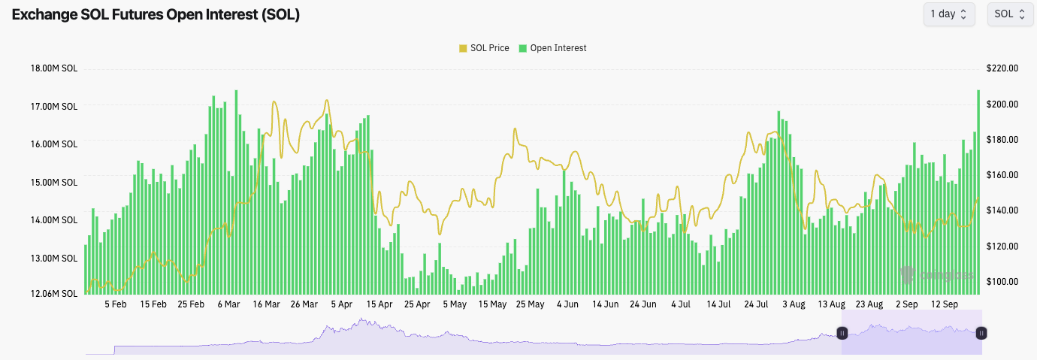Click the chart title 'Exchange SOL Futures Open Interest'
[x=156, y=14]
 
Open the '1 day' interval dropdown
[x=948, y=14]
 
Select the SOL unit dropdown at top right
[x=1010, y=14]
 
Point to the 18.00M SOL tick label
[x=53, y=68]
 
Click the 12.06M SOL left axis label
[x=53, y=294]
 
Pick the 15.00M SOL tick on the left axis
[x=53, y=182]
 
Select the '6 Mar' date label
[x=228, y=304]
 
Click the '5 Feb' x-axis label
[x=116, y=304]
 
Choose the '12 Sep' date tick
[x=945, y=304]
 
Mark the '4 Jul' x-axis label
[x=681, y=304]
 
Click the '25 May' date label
[x=530, y=304]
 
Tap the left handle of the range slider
[x=842, y=333]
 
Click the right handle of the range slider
[x=981, y=333]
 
